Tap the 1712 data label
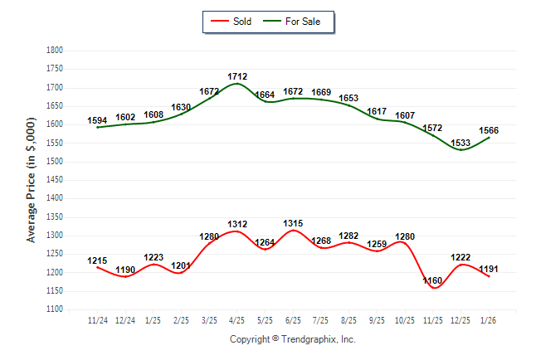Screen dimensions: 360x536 point(237,76)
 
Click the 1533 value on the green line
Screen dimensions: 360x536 point(460,143)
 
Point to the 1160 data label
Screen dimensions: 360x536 point(432,281)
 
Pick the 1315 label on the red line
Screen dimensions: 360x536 point(293,223)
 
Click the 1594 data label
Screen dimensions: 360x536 point(98,120)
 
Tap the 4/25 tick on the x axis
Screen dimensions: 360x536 point(237,319)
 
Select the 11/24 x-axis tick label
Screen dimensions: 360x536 point(98,319)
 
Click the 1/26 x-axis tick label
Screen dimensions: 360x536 point(489,319)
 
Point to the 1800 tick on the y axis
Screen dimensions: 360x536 point(55,51)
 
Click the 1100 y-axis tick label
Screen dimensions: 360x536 point(55,309)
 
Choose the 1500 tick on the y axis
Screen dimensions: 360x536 point(55,162)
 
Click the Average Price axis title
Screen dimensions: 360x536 point(32,179)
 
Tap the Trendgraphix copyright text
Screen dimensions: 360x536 point(292,339)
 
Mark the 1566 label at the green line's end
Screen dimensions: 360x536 point(488,130)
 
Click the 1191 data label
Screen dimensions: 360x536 point(489,269)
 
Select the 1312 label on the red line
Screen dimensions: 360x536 point(237,224)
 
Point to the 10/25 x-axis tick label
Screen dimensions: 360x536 point(404,319)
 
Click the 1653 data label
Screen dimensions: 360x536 point(348,98)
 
